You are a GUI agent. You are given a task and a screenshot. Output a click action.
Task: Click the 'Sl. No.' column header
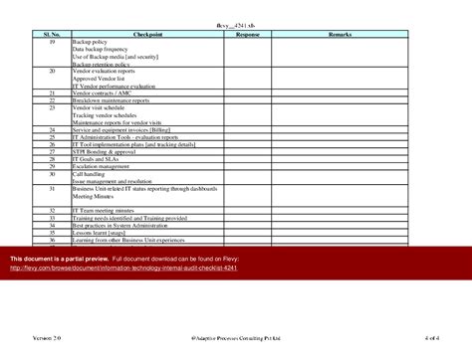tap(52, 34)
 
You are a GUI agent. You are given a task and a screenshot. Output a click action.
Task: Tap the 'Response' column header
tap(247, 34)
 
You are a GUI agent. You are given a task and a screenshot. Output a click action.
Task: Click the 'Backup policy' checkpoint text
tap(91, 42)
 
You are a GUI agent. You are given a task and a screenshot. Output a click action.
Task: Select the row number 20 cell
tap(52, 72)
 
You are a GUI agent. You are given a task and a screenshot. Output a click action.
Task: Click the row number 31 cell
tap(52, 189)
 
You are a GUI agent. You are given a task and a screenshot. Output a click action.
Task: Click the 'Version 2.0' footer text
tap(46, 339)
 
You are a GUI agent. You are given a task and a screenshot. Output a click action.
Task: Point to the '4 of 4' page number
tap(432, 339)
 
